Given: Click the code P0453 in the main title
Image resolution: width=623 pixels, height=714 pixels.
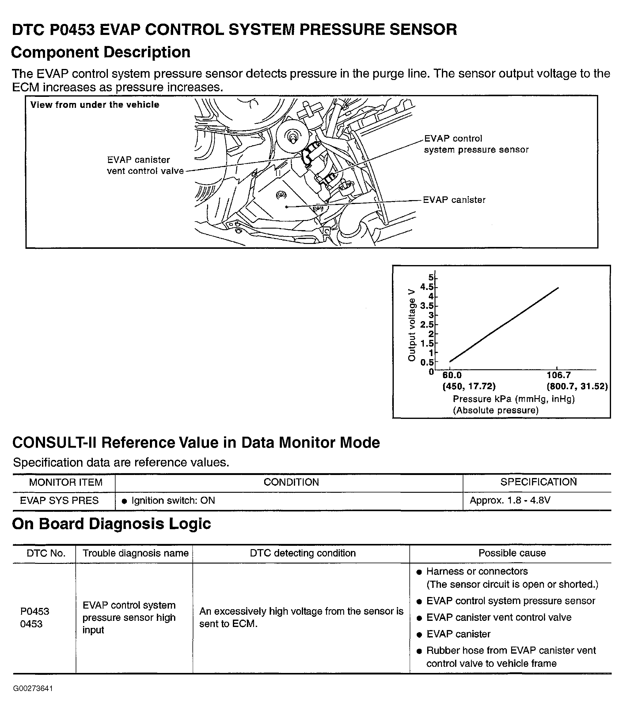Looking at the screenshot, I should tap(72, 29).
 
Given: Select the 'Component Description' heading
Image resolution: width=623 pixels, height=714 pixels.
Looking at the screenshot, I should tap(101, 52).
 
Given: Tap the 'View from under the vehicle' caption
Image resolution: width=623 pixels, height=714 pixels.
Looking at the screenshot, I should tap(95, 104).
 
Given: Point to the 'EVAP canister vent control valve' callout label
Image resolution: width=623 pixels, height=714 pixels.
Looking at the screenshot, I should tap(145, 165).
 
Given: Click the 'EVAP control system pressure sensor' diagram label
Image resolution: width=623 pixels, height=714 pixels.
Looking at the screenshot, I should tap(476, 144).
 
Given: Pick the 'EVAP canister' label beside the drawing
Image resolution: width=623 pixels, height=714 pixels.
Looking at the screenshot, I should tap(454, 200).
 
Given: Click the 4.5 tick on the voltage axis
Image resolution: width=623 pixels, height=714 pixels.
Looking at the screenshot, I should tap(427, 287).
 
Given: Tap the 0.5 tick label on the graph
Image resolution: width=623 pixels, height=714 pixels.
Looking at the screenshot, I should tap(427, 363).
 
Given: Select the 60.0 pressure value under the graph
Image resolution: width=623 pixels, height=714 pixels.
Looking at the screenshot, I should tap(452, 375).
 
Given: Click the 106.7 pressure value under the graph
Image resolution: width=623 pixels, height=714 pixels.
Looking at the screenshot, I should tap(559, 375).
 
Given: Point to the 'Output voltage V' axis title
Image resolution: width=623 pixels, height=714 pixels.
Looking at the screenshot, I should tap(412, 325).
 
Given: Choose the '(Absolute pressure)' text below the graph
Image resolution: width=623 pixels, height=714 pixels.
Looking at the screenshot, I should tap(496, 411).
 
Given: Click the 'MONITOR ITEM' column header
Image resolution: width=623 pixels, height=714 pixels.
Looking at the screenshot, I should tap(66, 483).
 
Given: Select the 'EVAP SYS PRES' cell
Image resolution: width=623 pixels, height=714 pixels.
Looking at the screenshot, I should tap(59, 500).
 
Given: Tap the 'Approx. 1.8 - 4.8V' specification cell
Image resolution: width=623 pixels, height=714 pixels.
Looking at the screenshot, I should tap(510, 500).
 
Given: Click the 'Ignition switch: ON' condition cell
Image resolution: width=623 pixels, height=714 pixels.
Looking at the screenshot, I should tap(173, 500).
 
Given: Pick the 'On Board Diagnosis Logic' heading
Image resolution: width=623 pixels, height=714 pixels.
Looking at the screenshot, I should tap(112, 524).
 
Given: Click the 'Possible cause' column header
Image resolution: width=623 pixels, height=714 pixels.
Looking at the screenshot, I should tap(512, 553).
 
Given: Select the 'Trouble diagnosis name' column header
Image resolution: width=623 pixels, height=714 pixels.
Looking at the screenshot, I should tap(135, 553).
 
